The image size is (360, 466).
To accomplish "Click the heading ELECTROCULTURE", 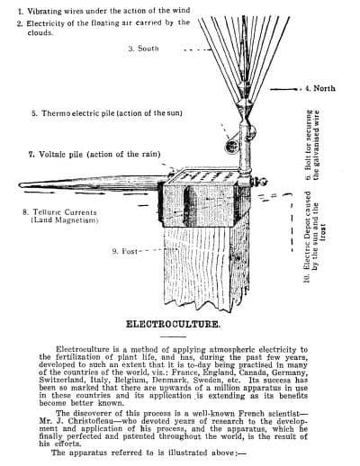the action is (x=173, y=325).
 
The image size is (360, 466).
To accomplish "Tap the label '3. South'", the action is (x=143, y=49).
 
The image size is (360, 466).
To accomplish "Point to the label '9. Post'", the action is (x=124, y=251).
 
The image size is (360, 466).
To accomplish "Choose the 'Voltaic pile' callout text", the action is (x=94, y=155).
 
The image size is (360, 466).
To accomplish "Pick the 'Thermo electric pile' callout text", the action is (x=107, y=113).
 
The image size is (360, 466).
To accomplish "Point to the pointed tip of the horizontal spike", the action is (x=20, y=185).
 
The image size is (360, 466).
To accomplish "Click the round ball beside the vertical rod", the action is (x=231, y=146).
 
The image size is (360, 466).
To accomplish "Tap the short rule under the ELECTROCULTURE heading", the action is (x=173, y=336).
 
